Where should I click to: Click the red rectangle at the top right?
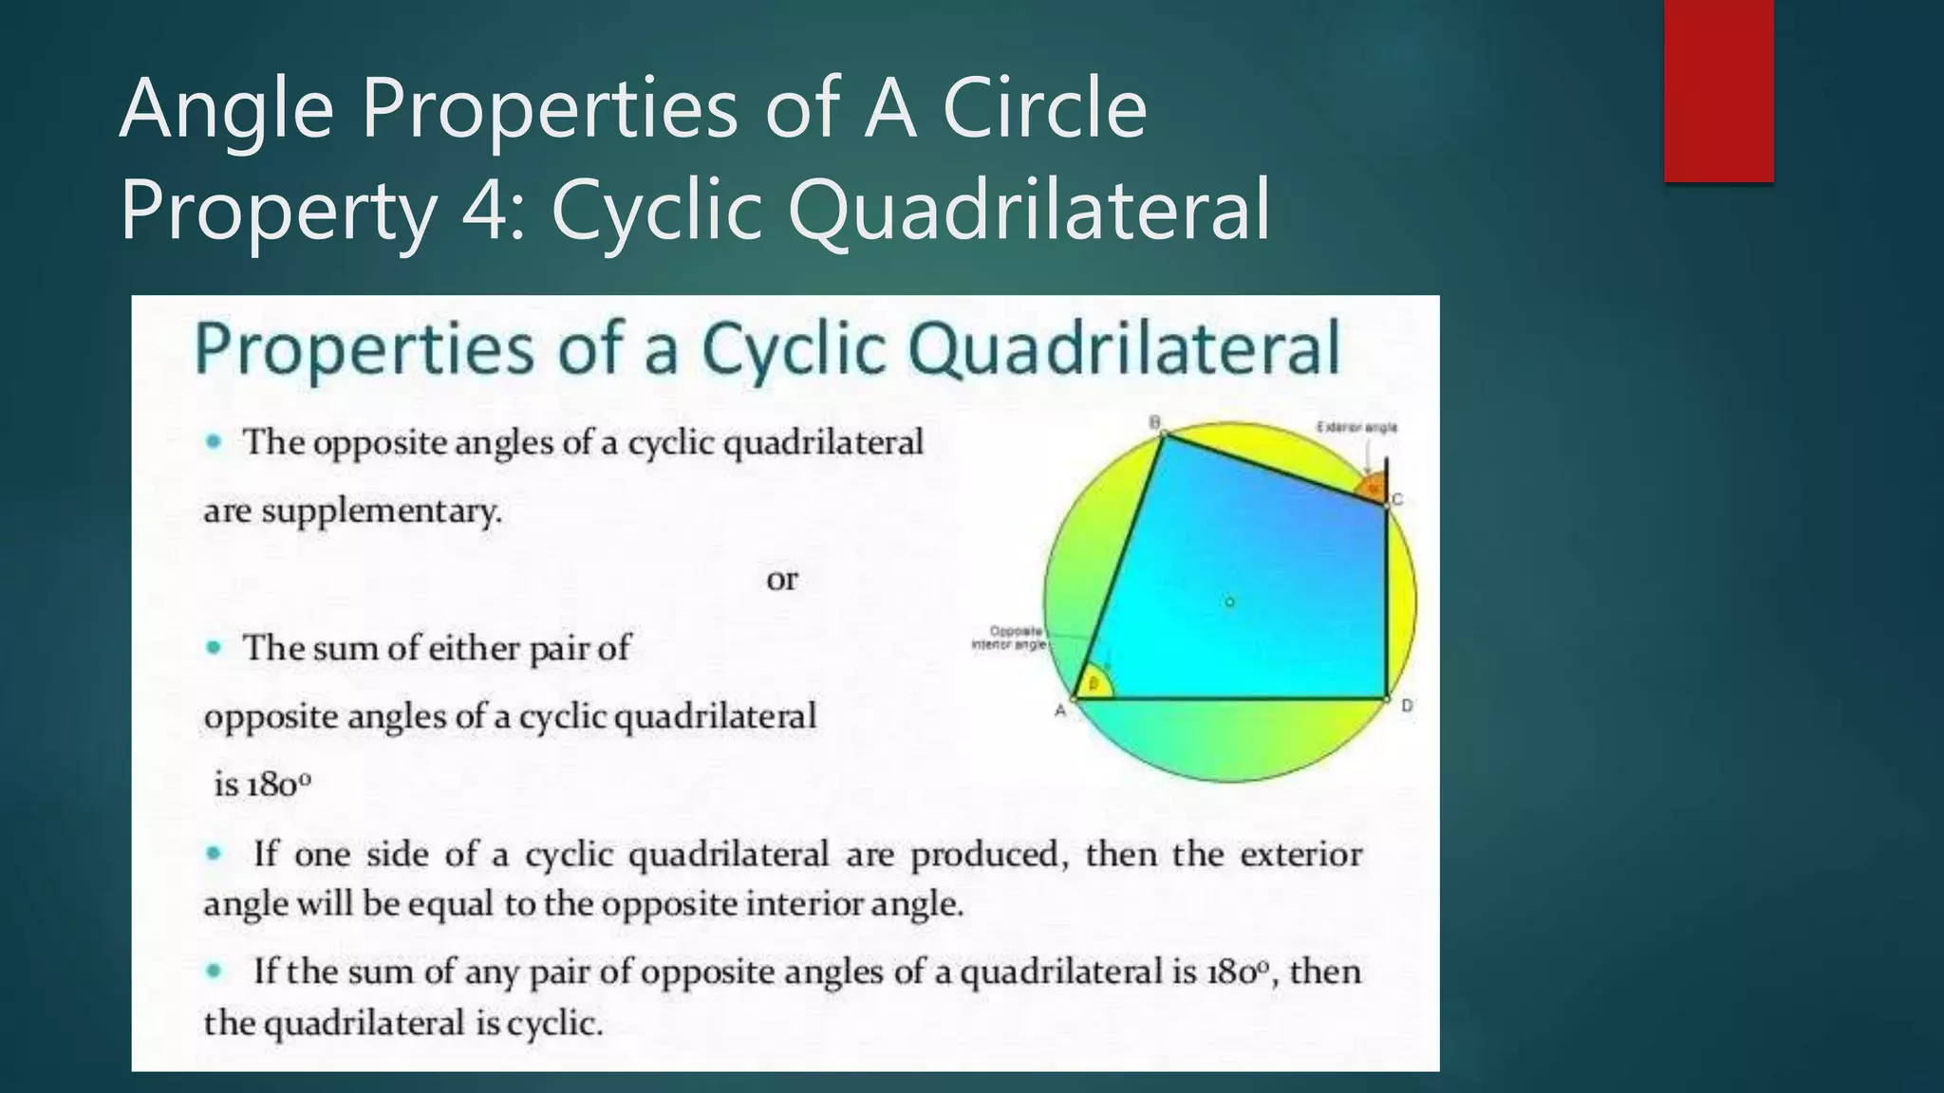click(x=1718, y=90)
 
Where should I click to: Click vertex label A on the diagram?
click(x=1060, y=711)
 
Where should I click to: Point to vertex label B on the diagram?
click(x=1155, y=422)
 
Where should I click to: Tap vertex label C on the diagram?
click(x=1398, y=500)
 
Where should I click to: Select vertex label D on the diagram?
click(x=1407, y=706)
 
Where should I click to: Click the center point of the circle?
click(x=1229, y=602)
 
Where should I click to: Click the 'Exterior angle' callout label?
click(x=1356, y=428)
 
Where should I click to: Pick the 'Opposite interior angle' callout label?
click(x=1008, y=638)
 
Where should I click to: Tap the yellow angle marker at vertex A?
click(x=1094, y=683)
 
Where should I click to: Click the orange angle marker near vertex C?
click(x=1372, y=490)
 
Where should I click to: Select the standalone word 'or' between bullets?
click(x=782, y=580)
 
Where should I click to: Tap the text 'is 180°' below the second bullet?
click(x=262, y=785)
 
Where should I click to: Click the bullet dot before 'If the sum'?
click(x=215, y=971)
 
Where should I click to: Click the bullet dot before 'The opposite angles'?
click(x=215, y=441)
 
